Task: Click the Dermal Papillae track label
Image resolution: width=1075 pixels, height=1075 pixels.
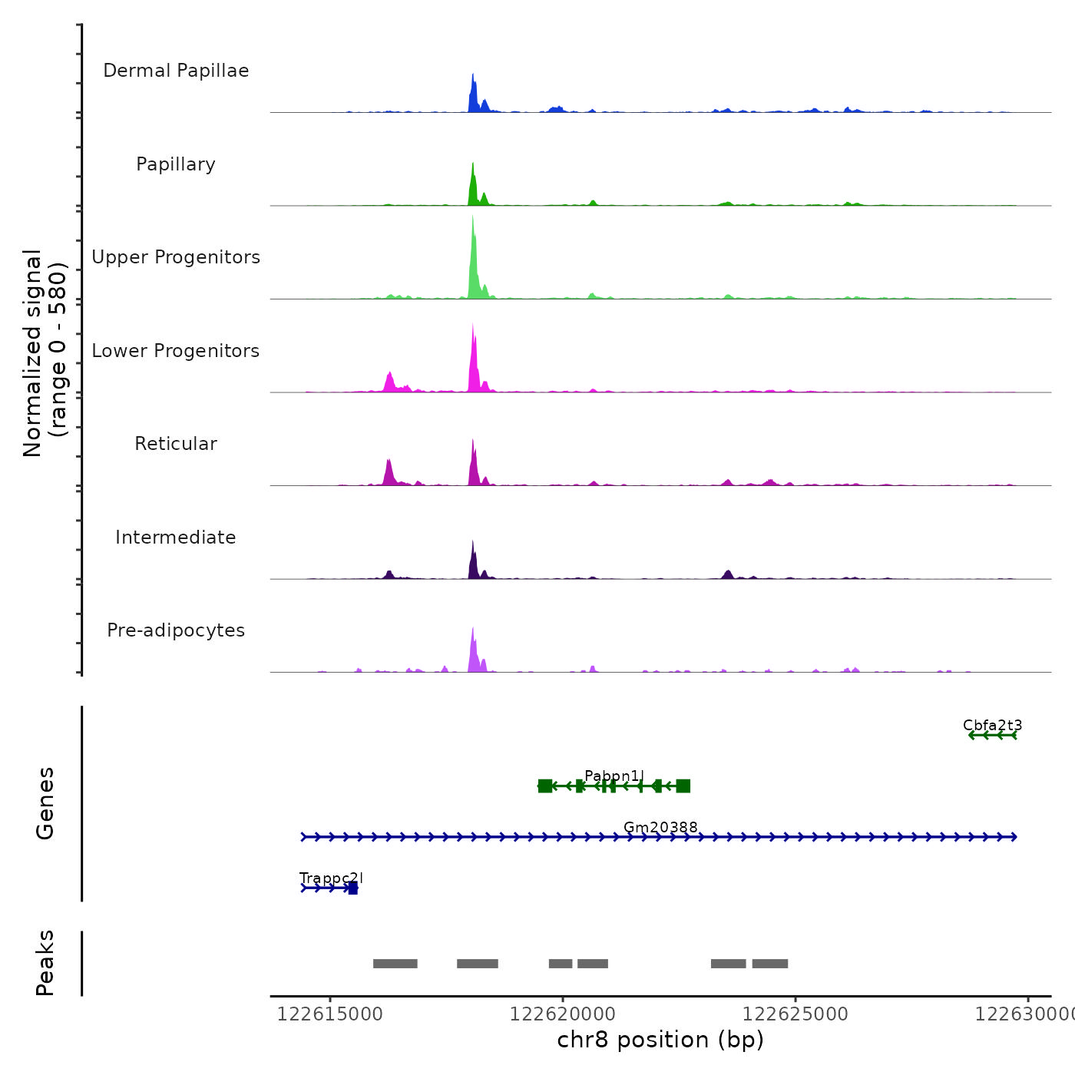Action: point(176,71)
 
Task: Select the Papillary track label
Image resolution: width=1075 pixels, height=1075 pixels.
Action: point(176,164)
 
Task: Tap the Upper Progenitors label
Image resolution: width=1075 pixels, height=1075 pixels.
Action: point(176,257)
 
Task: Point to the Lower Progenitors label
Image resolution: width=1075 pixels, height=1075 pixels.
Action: point(176,351)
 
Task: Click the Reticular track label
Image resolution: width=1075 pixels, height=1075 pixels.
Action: point(176,444)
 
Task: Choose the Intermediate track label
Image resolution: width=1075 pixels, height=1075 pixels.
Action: point(176,537)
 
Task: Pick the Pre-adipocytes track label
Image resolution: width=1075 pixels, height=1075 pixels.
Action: point(176,630)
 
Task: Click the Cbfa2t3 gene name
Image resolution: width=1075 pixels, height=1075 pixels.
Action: point(992,726)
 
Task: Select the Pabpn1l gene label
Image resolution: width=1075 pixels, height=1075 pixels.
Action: point(614,776)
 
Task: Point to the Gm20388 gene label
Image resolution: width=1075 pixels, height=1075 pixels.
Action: point(660,828)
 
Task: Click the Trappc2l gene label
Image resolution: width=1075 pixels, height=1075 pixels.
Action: point(331,878)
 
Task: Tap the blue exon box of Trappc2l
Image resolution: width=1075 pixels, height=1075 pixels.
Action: point(352,888)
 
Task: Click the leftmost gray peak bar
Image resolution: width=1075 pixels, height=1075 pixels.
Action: point(395,964)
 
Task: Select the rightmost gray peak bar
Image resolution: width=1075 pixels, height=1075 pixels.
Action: point(769,964)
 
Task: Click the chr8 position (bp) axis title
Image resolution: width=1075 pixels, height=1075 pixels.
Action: point(660,1040)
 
